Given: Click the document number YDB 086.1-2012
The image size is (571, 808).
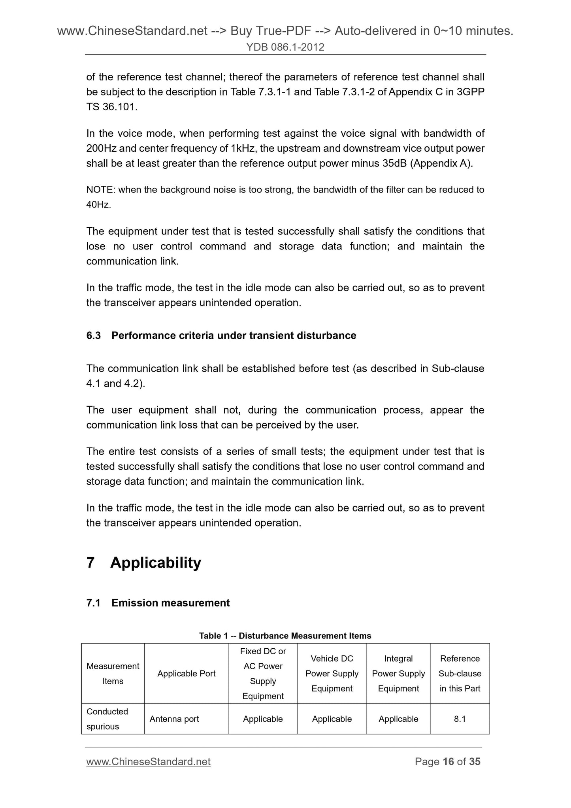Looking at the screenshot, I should click(285, 47).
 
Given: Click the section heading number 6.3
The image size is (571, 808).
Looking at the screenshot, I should click(94, 336).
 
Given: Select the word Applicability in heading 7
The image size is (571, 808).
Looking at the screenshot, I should click(156, 563).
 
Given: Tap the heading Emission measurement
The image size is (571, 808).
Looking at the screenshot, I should click(170, 603).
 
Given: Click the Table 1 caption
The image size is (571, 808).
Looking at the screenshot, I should click(285, 636).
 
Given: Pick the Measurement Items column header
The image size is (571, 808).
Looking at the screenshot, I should click(113, 674).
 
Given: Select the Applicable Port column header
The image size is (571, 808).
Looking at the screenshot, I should click(186, 674).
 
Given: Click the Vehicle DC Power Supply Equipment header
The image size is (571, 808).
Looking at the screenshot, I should click(332, 674).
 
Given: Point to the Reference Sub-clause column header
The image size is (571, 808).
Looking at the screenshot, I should click(460, 674).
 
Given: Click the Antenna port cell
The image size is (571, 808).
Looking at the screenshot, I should click(174, 719).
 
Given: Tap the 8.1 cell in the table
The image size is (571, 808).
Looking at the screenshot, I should click(460, 719).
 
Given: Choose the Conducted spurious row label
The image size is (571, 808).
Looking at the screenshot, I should click(107, 719).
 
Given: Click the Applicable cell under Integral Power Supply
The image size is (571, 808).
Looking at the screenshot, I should click(398, 719).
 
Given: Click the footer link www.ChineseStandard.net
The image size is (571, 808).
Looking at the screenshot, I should click(148, 762).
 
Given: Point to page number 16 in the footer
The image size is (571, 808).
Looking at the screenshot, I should click(448, 762).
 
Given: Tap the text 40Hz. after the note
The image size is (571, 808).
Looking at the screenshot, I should click(98, 205).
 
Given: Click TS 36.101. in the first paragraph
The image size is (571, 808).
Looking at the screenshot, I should click(112, 107).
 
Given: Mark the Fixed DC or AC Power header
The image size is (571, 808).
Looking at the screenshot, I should click(263, 674).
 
